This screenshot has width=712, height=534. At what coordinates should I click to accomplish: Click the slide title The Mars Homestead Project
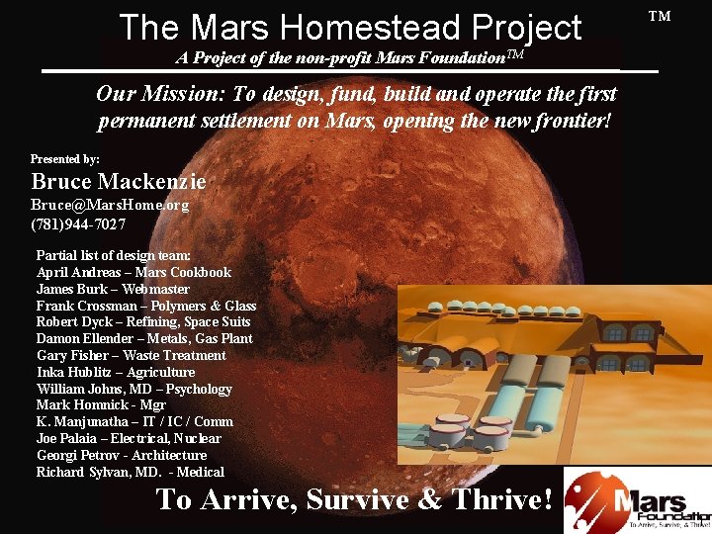pos(350,27)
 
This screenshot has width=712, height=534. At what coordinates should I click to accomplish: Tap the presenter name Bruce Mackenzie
pos(119,182)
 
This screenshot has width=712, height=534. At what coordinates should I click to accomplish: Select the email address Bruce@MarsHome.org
pos(110,206)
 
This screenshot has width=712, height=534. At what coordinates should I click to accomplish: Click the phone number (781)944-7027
pos(78,223)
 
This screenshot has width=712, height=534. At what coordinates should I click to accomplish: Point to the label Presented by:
pos(65,158)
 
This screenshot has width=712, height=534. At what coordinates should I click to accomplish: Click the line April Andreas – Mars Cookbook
pos(133,272)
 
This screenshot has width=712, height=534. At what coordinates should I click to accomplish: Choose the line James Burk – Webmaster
pos(113,289)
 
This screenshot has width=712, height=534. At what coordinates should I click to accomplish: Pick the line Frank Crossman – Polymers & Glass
pos(146,306)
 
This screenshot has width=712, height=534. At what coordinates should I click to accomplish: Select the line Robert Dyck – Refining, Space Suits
pos(143,322)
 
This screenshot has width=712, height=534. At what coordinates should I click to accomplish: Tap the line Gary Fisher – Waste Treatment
pos(132,355)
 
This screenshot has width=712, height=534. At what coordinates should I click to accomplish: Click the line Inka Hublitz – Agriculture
pos(116,372)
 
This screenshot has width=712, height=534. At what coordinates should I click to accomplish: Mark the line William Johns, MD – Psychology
pos(134,389)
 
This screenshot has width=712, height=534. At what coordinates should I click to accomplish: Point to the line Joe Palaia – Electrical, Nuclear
pos(129,438)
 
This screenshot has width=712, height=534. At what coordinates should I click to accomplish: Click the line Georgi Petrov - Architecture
pos(122,455)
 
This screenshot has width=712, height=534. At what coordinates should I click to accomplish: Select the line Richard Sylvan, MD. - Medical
pos(131,472)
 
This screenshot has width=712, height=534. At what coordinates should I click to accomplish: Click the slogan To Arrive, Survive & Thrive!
pos(353,500)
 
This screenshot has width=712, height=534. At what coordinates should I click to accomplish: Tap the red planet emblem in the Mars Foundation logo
pos(598,501)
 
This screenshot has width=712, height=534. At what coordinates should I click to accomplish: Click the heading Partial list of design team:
pos(114,255)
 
